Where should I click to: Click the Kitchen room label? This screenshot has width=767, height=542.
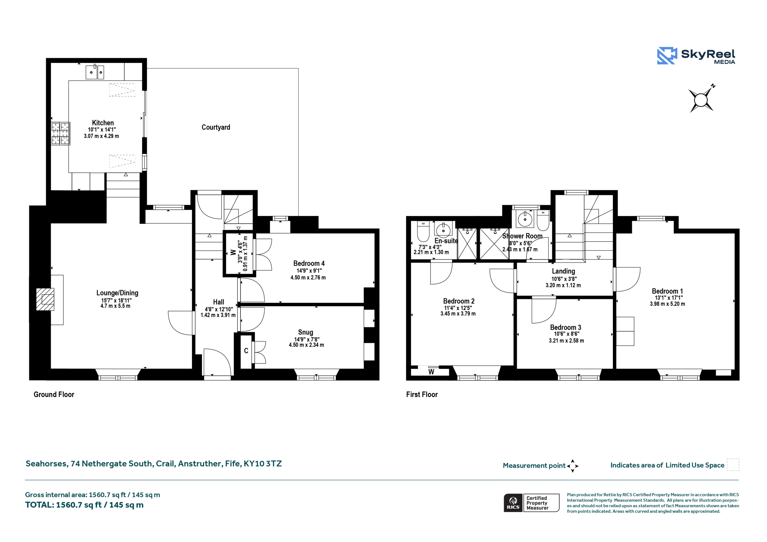point(103,123)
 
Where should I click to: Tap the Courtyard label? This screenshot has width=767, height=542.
point(216,127)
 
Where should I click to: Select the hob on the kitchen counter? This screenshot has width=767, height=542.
point(61,134)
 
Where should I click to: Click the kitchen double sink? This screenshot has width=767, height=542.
point(95,72)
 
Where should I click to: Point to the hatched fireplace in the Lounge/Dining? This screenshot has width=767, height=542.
point(45,299)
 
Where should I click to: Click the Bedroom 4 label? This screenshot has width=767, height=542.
point(309,264)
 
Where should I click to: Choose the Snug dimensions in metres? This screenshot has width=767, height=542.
point(306,345)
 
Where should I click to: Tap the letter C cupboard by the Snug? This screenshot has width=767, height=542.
point(246,351)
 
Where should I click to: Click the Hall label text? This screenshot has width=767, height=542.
point(218,302)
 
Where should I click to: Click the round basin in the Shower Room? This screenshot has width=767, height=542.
point(525,219)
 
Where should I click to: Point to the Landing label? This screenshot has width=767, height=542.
point(563,271)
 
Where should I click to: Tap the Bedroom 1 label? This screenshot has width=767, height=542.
point(668,291)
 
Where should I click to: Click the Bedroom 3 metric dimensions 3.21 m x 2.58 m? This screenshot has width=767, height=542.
point(567,341)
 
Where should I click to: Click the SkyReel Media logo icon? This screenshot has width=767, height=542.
point(667,55)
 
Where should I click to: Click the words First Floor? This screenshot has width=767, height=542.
point(422,394)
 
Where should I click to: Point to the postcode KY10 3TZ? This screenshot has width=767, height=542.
point(262,464)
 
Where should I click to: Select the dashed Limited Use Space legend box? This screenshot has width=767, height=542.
point(733,465)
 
